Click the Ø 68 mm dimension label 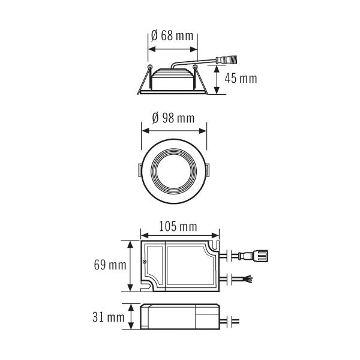[173, 36]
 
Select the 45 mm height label [240, 78]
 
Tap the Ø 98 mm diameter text [173, 118]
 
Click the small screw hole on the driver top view [145, 262]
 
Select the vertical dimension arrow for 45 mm [217, 78]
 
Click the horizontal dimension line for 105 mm [179, 235]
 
